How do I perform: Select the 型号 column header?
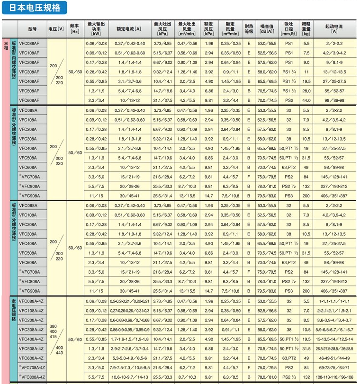32,29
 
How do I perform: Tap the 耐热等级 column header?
249,29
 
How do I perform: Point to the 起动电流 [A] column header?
334,29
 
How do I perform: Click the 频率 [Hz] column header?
74,29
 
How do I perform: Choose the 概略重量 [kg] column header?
306,29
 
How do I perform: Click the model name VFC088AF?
29,44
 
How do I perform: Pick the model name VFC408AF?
29,81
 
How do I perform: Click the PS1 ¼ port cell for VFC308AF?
289,71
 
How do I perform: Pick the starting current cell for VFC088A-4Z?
334,301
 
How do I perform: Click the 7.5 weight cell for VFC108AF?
306,53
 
